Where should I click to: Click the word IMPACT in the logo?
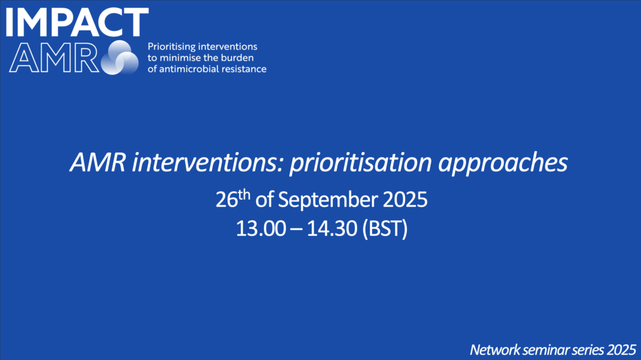pos(77,22)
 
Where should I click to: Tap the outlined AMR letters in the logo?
pos(54,58)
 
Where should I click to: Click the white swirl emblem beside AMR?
pos(120,58)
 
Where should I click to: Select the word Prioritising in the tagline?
pos(170,47)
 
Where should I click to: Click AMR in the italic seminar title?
pos(98,162)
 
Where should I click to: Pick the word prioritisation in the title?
pos(361,163)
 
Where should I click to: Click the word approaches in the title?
pos(503,163)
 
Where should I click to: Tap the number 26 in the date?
pos(227,200)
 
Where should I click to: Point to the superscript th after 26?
pos(244,194)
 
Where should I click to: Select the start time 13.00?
pos(261,229)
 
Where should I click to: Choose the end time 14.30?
pos(332,229)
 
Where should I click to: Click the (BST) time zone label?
pos(385,229)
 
